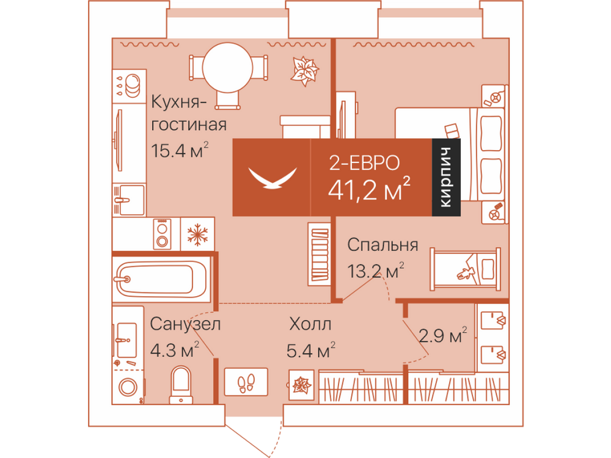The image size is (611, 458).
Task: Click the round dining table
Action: (227, 67)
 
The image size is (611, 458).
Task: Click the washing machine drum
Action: (128, 387)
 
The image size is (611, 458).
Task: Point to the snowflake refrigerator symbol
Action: (197, 234)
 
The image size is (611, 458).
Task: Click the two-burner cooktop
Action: (162, 234)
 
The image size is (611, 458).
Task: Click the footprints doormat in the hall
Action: (246, 382)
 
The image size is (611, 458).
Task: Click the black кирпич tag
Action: (446, 177)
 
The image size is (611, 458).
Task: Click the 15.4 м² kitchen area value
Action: (180, 150)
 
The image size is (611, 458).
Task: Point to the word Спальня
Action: (382, 245)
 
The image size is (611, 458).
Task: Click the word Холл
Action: (310, 324)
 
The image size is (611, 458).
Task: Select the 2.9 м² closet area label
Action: (442, 335)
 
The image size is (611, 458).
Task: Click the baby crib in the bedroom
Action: (465, 269)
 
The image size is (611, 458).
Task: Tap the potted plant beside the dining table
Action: (304, 71)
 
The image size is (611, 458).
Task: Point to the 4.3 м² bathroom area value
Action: (175, 350)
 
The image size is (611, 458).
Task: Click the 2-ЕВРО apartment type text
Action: (364, 163)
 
